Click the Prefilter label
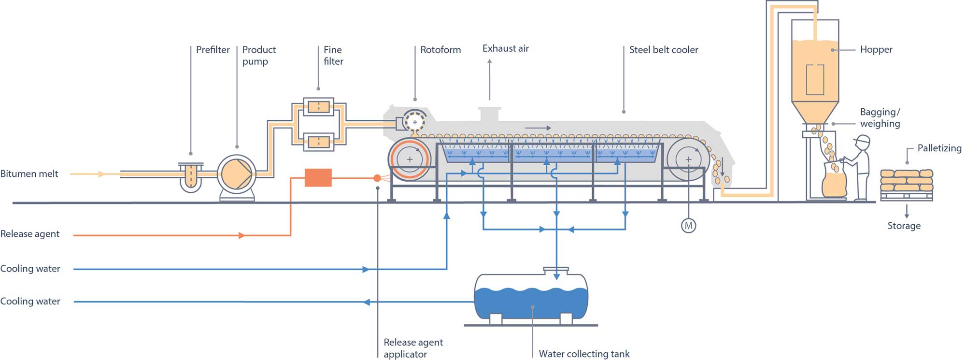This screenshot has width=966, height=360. pos(213,50)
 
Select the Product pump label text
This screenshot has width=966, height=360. pos(258,56)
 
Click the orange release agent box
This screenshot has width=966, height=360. pos(318,178)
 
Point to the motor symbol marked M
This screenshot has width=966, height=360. pos(688,225)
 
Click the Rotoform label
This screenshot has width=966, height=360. pos(440,50)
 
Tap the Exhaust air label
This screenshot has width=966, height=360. pos(505,49)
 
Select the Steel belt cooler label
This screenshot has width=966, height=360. pos(663,50)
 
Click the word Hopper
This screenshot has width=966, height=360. pos(876,50)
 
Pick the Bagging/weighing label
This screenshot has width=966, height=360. pos(880,118)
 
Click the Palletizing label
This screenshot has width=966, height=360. pos(939,148)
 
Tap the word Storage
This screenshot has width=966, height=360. pos(904,226)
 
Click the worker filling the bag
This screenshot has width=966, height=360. pos(859,167)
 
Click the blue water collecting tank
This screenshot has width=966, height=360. pos(531,297)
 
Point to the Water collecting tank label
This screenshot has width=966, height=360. pos(584,354)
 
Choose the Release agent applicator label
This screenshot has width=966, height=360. pos(412,348)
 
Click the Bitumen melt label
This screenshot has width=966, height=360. pos(29,174)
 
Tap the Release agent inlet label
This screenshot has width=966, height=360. pos(30,234)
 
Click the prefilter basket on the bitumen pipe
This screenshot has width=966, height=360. pos(191,176)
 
